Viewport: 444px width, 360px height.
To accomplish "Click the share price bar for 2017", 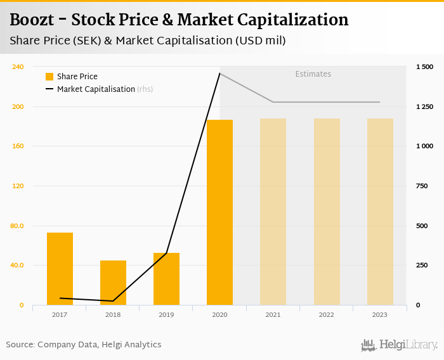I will [x=60, y=269].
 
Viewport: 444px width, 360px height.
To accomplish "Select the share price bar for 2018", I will [x=113, y=283].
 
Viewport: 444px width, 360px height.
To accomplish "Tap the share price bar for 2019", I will [x=166, y=279].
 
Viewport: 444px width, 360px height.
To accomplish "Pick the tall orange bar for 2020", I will [x=219, y=212].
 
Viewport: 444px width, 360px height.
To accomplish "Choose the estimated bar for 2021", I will [x=273, y=212].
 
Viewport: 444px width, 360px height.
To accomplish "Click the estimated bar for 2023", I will [x=380, y=212].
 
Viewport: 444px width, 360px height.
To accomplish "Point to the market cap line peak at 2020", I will [x=219, y=74].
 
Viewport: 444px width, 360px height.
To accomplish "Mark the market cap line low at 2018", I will [x=113, y=301].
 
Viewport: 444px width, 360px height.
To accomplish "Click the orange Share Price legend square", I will [x=49, y=77].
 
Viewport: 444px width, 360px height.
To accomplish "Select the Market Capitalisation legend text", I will [x=96, y=89].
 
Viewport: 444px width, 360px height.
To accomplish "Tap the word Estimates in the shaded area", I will [x=313, y=74].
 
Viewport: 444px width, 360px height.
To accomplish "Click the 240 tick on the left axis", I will [x=18, y=67].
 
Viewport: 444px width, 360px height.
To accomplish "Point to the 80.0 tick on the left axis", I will [x=16, y=226].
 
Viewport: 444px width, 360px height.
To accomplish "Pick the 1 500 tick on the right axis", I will [x=424, y=67].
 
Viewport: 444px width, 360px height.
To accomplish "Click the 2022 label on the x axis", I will [x=327, y=314].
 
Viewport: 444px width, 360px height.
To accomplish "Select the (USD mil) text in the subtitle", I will [x=260, y=41].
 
